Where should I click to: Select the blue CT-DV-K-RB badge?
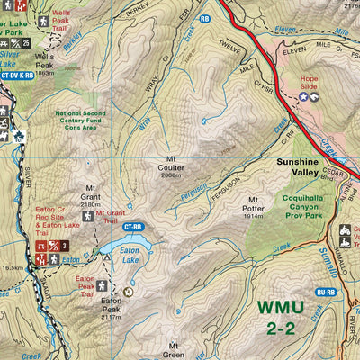point(16,76)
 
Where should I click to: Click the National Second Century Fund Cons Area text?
point(81,120)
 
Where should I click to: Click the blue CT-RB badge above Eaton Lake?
point(133,228)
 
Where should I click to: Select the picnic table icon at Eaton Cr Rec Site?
point(41,245)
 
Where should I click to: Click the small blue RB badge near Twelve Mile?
point(204,17)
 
